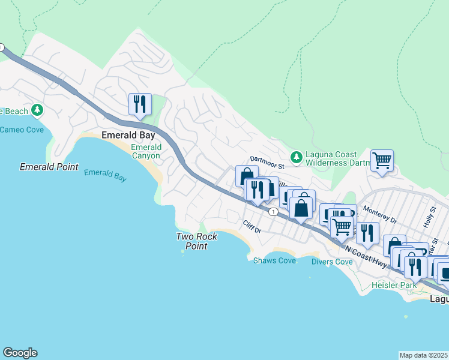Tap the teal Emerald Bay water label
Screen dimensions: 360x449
click(x=105, y=175)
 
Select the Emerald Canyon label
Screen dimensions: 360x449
click(x=146, y=151)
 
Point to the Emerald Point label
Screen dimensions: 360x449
click(x=49, y=167)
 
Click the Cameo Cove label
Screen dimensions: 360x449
click(x=21, y=130)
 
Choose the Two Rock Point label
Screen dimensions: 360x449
click(x=196, y=241)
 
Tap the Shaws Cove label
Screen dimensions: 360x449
click(x=274, y=260)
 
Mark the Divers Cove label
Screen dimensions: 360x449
click(x=332, y=262)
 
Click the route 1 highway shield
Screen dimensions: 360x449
click(x=273, y=212)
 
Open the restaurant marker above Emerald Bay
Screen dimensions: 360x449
click(x=140, y=104)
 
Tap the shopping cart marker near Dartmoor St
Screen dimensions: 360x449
click(x=382, y=161)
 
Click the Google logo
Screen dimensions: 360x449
click(x=20, y=353)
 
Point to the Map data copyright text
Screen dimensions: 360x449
click(x=423, y=355)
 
